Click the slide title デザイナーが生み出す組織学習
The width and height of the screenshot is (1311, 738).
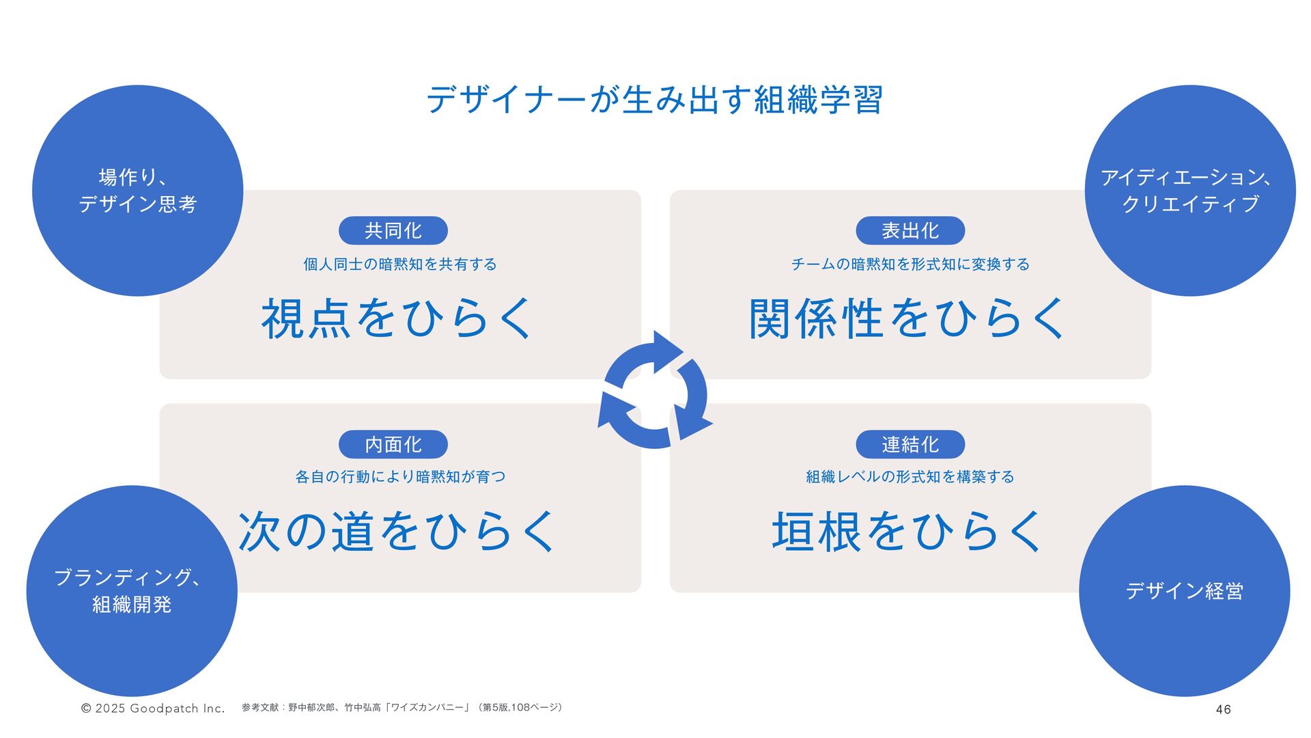coord(655,100)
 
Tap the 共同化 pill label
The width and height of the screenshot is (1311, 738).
coord(393,231)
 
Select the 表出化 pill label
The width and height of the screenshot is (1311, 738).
coord(910,231)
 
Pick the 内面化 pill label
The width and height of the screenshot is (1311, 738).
coord(393,445)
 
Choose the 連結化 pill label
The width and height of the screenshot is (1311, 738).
coord(910,445)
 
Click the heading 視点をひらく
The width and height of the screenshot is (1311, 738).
coord(397,319)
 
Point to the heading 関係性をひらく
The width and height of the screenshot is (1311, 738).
coord(907,319)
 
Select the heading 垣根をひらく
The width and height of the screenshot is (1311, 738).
coord(907,532)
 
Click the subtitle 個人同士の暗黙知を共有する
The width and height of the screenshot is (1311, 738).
coord(400,264)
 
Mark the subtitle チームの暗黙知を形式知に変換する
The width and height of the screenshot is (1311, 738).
coord(910,264)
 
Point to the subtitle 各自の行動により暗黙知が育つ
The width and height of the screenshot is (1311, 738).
coord(400,477)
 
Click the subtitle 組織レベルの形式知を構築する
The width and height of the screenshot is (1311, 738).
coord(910,477)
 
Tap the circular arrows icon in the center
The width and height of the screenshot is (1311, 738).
coord(655,390)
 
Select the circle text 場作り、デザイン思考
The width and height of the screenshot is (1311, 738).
coord(138,191)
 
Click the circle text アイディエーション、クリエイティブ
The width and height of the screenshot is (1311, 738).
coord(1189,191)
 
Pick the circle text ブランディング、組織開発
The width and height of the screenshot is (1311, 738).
coord(131,591)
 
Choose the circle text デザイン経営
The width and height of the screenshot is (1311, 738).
coord(1184,591)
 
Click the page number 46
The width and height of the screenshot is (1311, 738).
coord(1223,709)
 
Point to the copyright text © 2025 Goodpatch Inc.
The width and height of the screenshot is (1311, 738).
coord(153,709)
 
